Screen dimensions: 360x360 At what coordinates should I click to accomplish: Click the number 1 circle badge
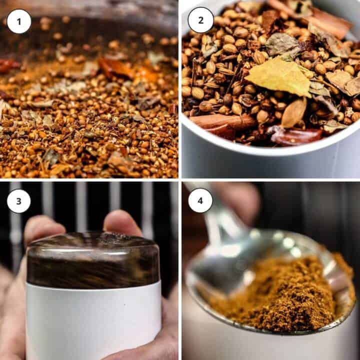(x=19, y=21)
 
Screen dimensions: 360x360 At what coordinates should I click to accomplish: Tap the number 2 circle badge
(x=200, y=20)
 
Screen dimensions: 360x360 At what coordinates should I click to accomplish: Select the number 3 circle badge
(x=19, y=201)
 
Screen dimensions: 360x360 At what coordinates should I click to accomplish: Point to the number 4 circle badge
(x=200, y=200)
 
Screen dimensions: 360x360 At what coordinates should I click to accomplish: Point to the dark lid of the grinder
(x=92, y=260)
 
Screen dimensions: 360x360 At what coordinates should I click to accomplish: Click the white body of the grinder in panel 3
(x=92, y=320)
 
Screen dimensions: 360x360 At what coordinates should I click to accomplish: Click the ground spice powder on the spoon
(x=280, y=295)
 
